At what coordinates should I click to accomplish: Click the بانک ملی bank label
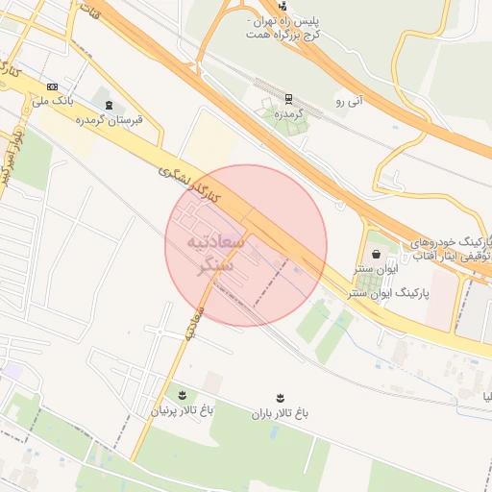53,99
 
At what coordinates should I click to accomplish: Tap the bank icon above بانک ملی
51,86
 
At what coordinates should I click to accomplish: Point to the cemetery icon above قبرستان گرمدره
109,105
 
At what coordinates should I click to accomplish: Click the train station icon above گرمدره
289,98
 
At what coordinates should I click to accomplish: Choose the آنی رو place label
353,101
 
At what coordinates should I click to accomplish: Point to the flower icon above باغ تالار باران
280,397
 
